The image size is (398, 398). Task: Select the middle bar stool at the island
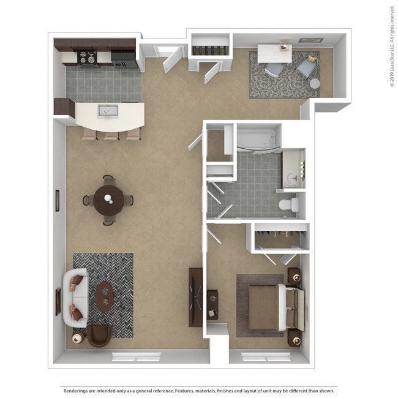pyautogui.click(x=111, y=134)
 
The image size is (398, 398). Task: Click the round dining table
pyautogui.click(x=108, y=200)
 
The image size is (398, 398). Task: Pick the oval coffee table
pyautogui.click(x=105, y=296)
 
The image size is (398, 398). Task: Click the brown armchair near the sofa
pyautogui.click(x=99, y=336)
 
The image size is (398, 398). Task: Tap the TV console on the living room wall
pyautogui.click(x=196, y=296)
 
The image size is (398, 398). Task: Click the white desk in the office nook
pyautogui.click(x=274, y=53)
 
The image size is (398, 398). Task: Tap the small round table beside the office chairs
pyautogui.click(x=314, y=83)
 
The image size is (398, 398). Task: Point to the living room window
pyautogui.click(x=135, y=356)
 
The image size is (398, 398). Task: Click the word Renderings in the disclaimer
pyautogui.click(x=76, y=390)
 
